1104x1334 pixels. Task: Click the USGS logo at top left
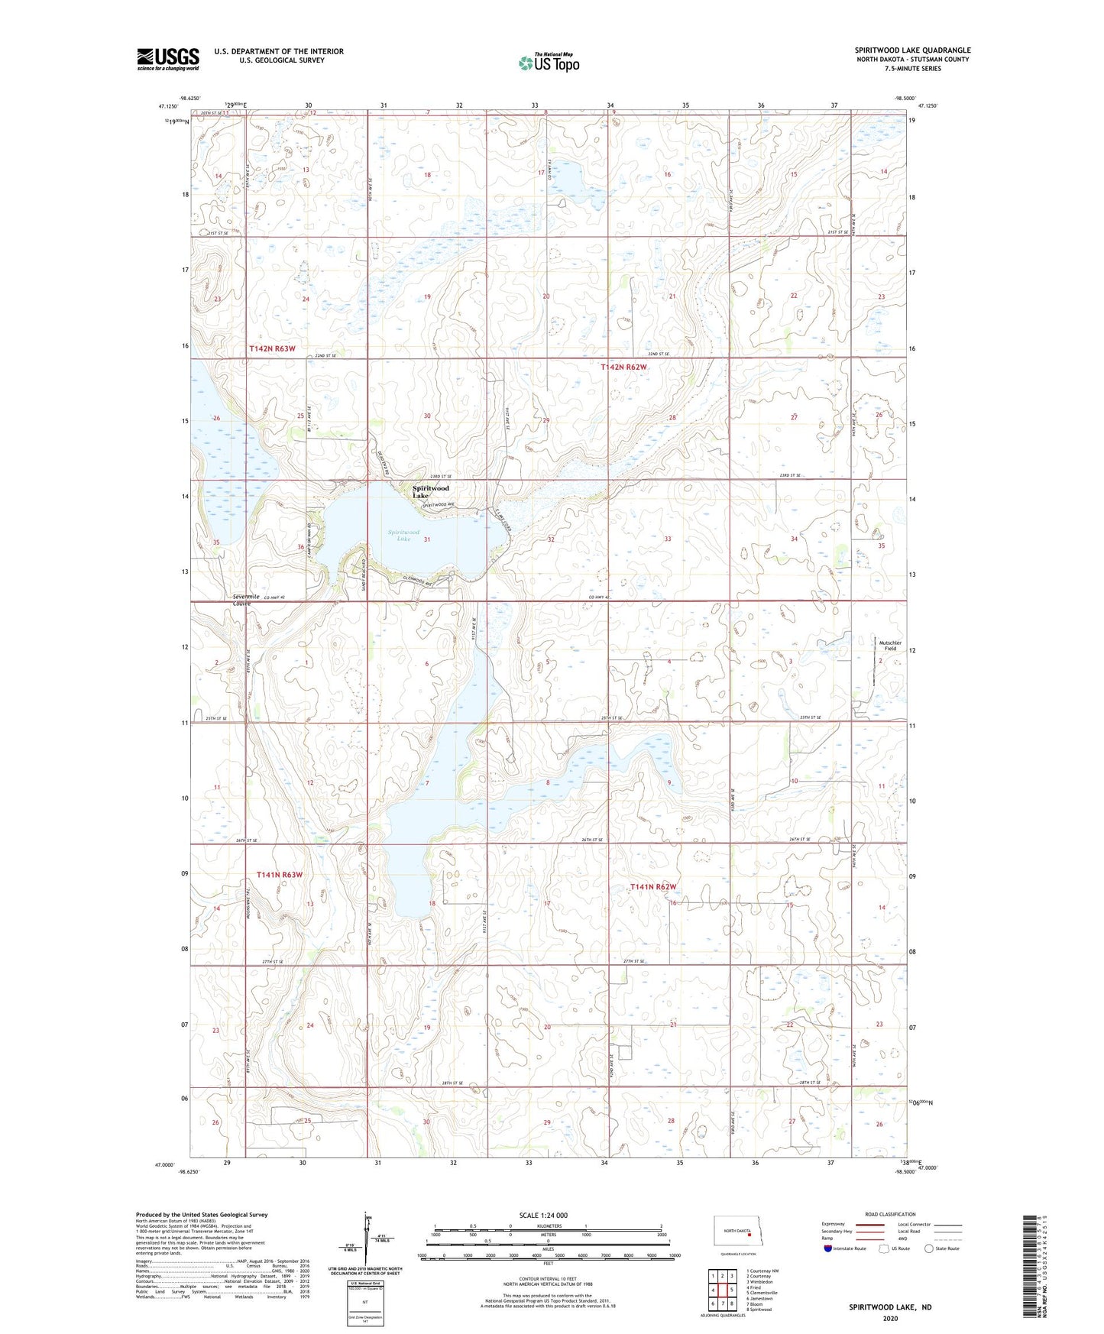pyautogui.click(x=167, y=59)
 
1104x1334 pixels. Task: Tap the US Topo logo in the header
pyautogui.click(x=548, y=63)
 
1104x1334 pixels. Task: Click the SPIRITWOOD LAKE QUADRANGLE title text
pyautogui.click(x=912, y=50)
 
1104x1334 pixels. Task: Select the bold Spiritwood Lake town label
pyautogui.click(x=431, y=491)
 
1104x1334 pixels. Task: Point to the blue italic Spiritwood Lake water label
pyautogui.click(x=403, y=535)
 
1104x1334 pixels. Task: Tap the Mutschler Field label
pyautogui.click(x=890, y=646)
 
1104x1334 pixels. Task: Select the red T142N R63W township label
pyautogui.click(x=272, y=348)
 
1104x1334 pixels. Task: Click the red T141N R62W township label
pyautogui.click(x=653, y=886)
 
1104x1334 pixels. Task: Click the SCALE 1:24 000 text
pyautogui.click(x=543, y=1216)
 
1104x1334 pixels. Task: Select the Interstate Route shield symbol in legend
pyautogui.click(x=827, y=1249)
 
